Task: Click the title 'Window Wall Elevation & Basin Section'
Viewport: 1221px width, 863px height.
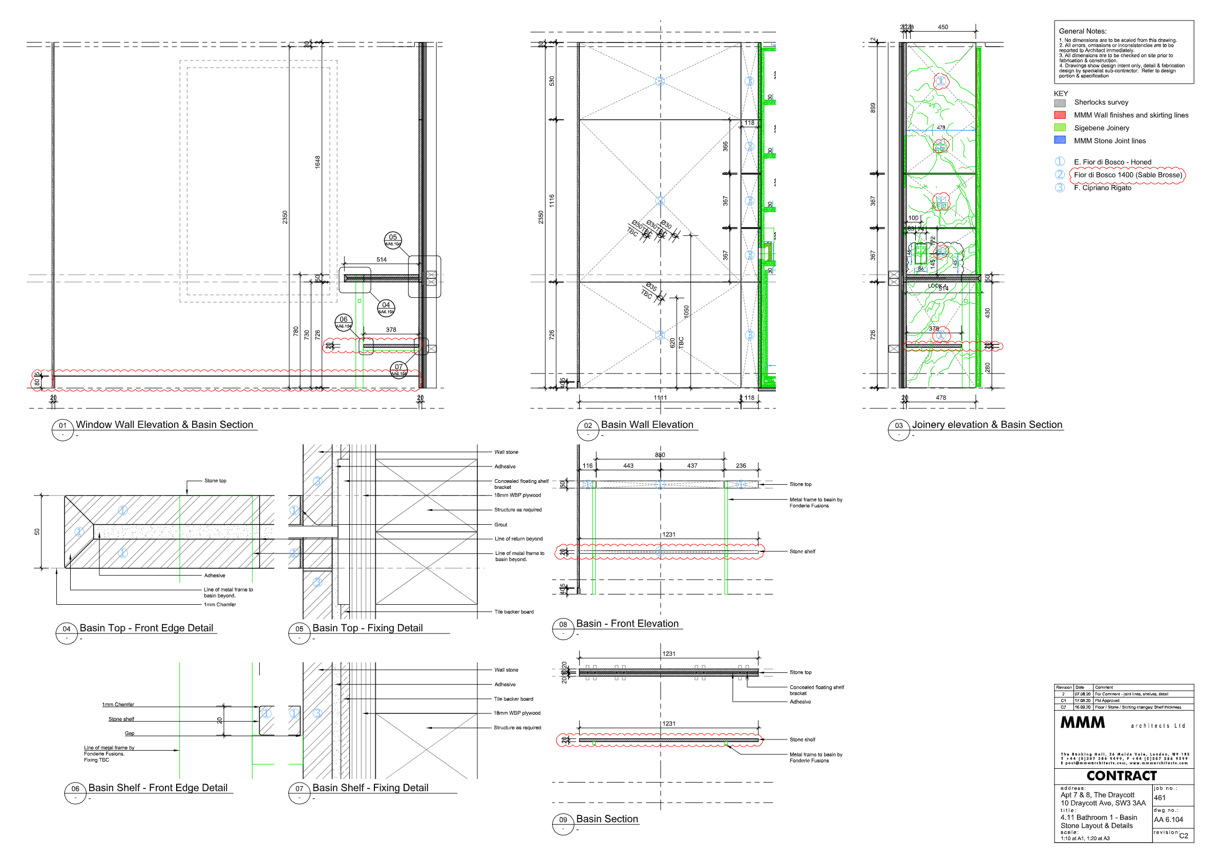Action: [x=164, y=425]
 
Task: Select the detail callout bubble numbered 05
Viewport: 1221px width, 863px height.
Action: [x=392, y=239]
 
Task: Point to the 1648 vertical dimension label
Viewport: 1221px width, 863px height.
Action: [x=318, y=162]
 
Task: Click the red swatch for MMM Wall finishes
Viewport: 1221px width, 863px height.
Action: [x=1060, y=115]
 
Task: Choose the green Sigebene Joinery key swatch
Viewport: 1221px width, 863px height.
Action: [x=1060, y=128]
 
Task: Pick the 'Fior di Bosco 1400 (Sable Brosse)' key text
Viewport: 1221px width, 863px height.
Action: [x=1127, y=175]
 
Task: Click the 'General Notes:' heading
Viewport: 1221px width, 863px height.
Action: [x=1082, y=31]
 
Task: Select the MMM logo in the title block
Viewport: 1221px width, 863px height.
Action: [x=1082, y=723]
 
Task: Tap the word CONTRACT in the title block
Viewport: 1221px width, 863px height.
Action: [x=1122, y=776]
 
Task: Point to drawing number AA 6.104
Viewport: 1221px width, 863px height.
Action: [x=1168, y=820]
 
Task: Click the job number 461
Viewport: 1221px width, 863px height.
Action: [x=1160, y=798]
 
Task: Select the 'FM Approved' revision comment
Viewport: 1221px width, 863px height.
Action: [x=1107, y=701]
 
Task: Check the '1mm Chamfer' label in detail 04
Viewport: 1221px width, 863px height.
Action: [x=220, y=604]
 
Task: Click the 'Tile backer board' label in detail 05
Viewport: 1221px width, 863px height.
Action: [x=514, y=612]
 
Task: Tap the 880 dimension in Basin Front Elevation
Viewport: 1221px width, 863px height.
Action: [x=660, y=455]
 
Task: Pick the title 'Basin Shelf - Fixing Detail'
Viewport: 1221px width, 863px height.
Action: [x=370, y=788]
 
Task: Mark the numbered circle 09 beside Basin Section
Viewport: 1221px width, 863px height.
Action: [x=563, y=820]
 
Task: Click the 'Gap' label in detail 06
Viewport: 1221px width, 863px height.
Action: [x=129, y=733]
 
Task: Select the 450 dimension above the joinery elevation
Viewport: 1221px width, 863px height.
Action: [x=942, y=27]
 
